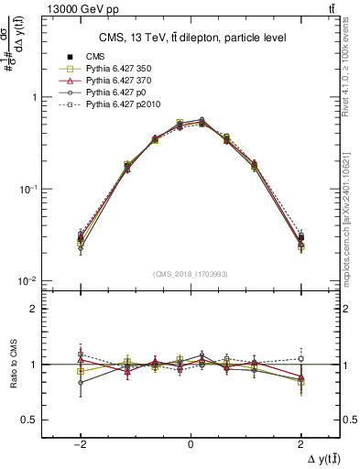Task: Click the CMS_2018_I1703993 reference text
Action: pos(190,274)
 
